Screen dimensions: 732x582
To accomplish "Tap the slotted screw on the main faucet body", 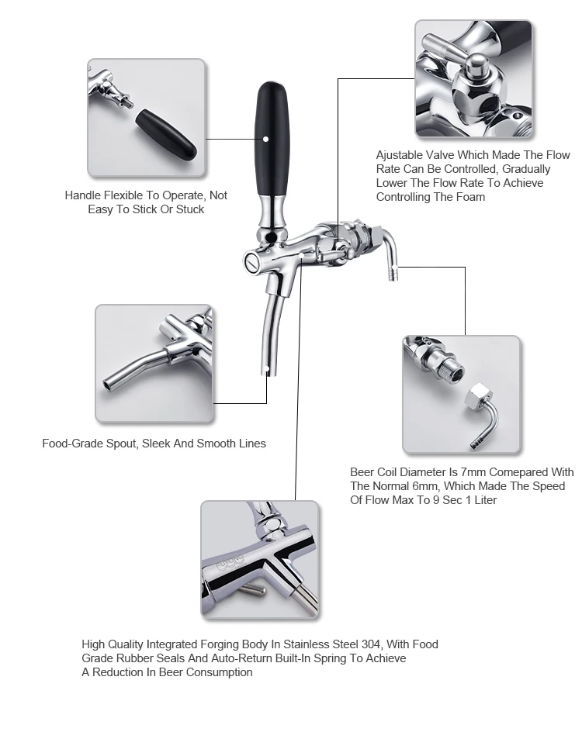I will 250,263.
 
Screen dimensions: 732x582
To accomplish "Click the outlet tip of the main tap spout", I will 267,372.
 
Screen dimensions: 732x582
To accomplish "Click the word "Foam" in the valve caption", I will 469,197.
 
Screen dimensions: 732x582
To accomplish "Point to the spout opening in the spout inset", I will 108,385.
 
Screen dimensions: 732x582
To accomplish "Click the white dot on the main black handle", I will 265,140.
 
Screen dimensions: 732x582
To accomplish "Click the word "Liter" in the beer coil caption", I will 481,499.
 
